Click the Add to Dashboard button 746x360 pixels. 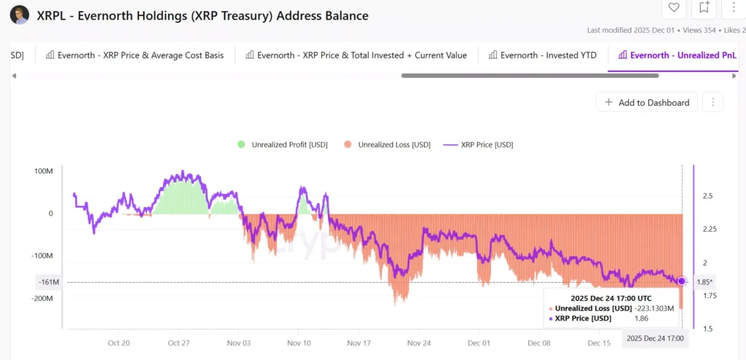647,103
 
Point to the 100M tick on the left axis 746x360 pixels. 44,171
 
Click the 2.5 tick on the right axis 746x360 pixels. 707,196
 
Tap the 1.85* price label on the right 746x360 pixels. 704,282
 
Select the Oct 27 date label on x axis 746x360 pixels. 178,342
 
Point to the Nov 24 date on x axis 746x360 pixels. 419,342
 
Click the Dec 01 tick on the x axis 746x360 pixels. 479,342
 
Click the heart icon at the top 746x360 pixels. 674,8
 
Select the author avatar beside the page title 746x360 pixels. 20,15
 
